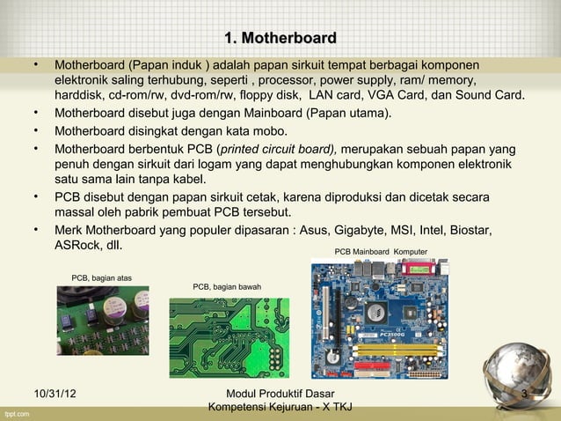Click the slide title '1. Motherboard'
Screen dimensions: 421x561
(x=280, y=38)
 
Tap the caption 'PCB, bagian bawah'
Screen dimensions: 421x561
(x=226, y=286)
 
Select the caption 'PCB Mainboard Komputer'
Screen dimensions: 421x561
(x=381, y=252)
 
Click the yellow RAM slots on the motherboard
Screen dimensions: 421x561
(x=386, y=353)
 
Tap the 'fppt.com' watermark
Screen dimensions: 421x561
(x=16, y=412)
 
